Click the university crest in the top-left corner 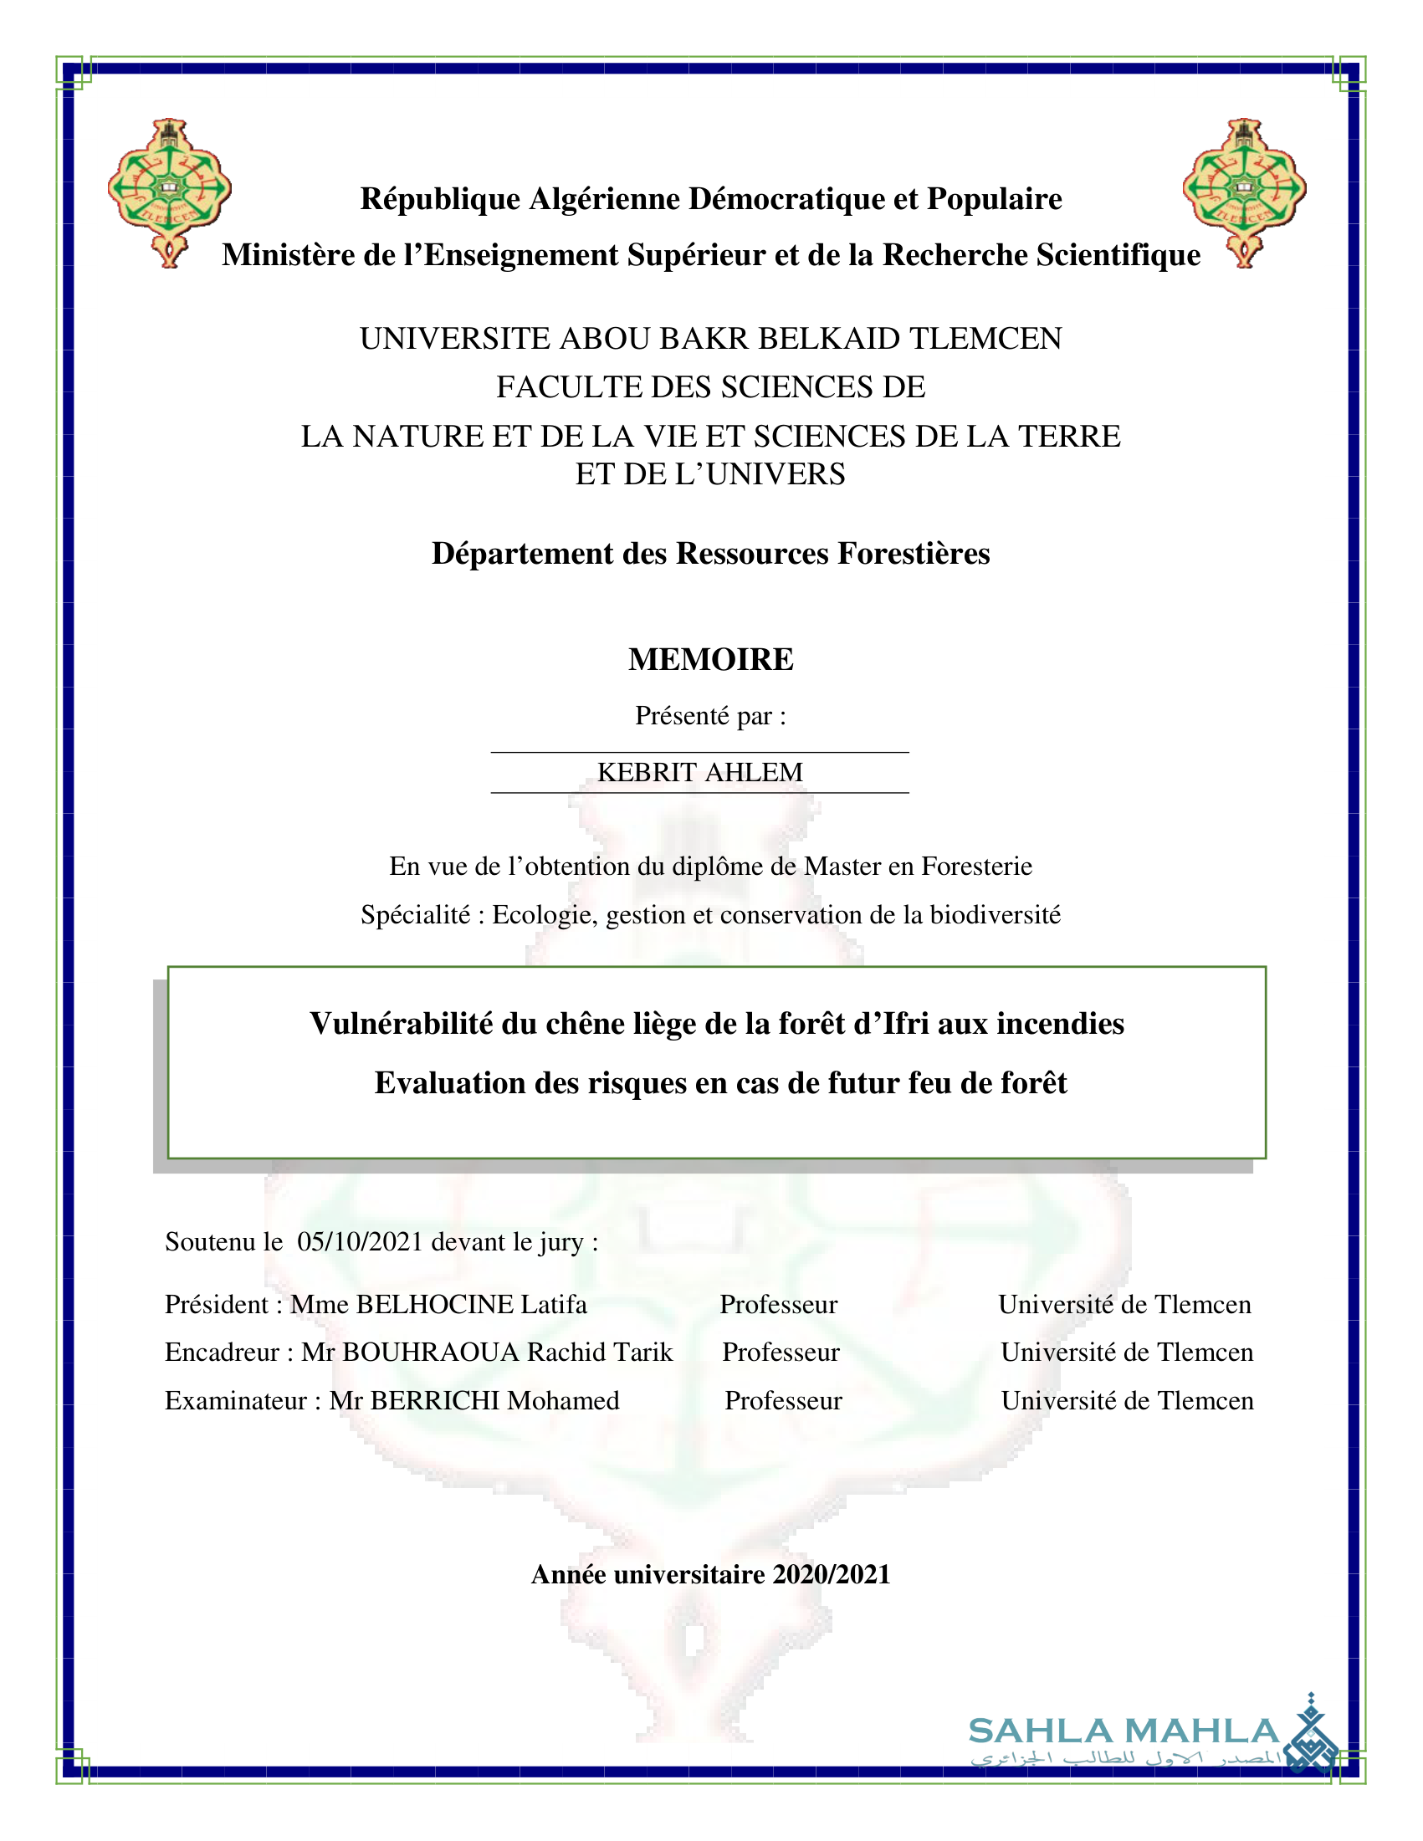170,192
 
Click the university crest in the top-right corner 1244,192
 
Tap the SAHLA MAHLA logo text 1123,1731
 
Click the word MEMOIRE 710,659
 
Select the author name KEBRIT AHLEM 699,772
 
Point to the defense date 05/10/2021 360,1241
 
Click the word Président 217,1304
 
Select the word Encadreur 222,1352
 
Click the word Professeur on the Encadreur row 781,1352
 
